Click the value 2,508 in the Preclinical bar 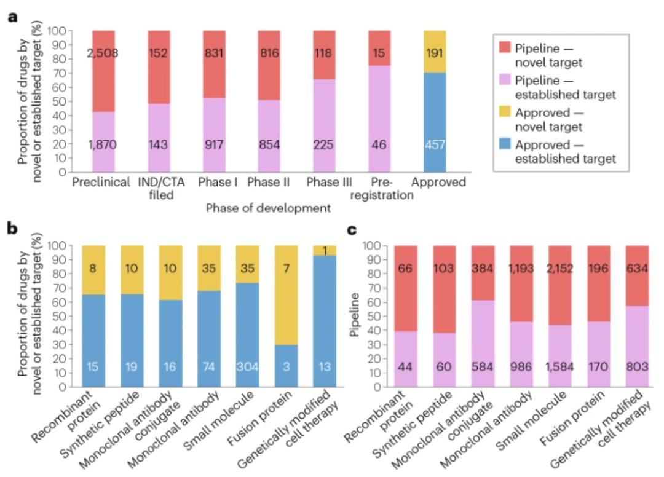click(x=103, y=53)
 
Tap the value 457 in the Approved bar click(x=435, y=145)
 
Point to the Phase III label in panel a click(x=331, y=183)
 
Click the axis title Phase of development click(x=268, y=208)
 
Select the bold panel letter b click(x=12, y=229)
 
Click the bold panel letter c click(x=353, y=229)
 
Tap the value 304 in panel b click(x=247, y=367)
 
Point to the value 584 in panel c click(x=483, y=367)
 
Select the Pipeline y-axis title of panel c click(x=355, y=317)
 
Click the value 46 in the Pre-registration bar click(x=379, y=145)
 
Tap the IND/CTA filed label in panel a click(x=160, y=188)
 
